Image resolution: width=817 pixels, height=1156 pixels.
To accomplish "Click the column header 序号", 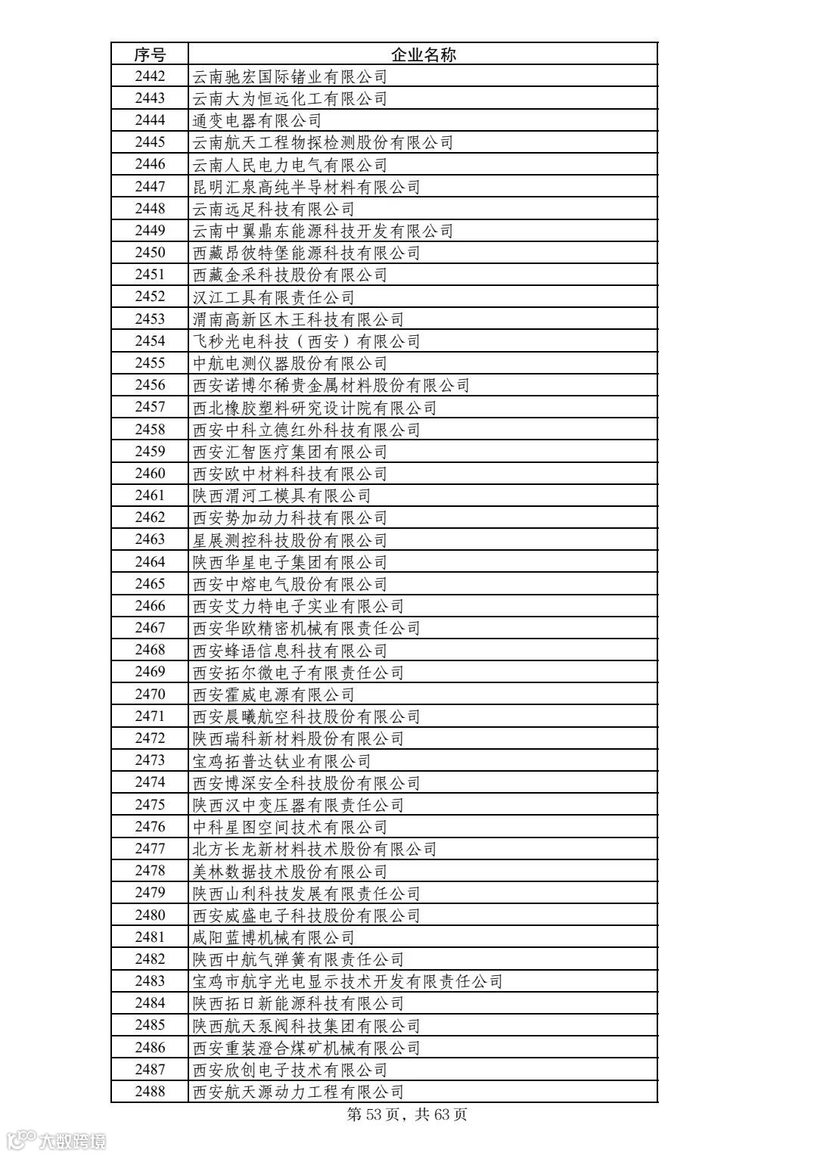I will pyautogui.click(x=150, y=54).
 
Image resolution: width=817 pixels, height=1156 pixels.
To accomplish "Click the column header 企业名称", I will pyautogui.click(x=423, y=54).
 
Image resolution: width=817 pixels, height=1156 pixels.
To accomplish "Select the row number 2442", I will pyautogui.click(x=150, y=76).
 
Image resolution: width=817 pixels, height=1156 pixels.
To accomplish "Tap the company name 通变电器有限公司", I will pyautogui.click(x=257, y=120).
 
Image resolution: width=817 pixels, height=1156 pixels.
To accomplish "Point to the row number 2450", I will pyautogui.click(x=150, y=253).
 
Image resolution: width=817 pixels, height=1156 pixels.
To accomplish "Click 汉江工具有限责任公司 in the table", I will pyautogui.click(x=274, y=297).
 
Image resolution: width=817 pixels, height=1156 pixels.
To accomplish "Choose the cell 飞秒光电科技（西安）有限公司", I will pyautogui.click(x=306, y=341).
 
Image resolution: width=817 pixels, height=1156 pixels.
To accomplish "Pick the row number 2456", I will pyautogui.click(x=150, y=385).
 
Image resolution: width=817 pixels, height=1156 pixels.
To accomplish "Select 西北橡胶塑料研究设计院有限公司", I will pyautogui.click(x=315, y=408).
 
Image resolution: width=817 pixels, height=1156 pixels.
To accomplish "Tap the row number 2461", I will pyautogui.click(x=150, y=496).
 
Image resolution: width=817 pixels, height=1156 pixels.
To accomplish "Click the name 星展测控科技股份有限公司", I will pyautogui.click(x=290, y=540).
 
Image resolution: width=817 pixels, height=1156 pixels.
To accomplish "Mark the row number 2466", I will pyautogui.click(x=150, y=606).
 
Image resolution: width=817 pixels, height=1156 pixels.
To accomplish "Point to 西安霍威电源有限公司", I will pyautogui.click(x=274, y=695).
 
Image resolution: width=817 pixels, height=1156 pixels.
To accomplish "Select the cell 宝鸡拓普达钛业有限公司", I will pyautogui.click(x=282, y=761).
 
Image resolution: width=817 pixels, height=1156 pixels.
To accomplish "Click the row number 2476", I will pyautogui.click(x=150, y=827).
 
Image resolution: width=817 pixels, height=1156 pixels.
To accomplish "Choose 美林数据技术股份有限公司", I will pyautogui.click(x=290, y=872).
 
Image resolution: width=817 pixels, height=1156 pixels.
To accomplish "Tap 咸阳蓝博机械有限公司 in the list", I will pyautogui.click(x=274, y=937).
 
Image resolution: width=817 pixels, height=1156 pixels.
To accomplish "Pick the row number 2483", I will pyautogui.click(x=150, y=981).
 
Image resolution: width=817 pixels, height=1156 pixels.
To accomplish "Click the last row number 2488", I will pyautogui.click(x=150, y=1092).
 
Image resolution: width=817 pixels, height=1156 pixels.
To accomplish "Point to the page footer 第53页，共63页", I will pyautogui.click(x=407, y=1114).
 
